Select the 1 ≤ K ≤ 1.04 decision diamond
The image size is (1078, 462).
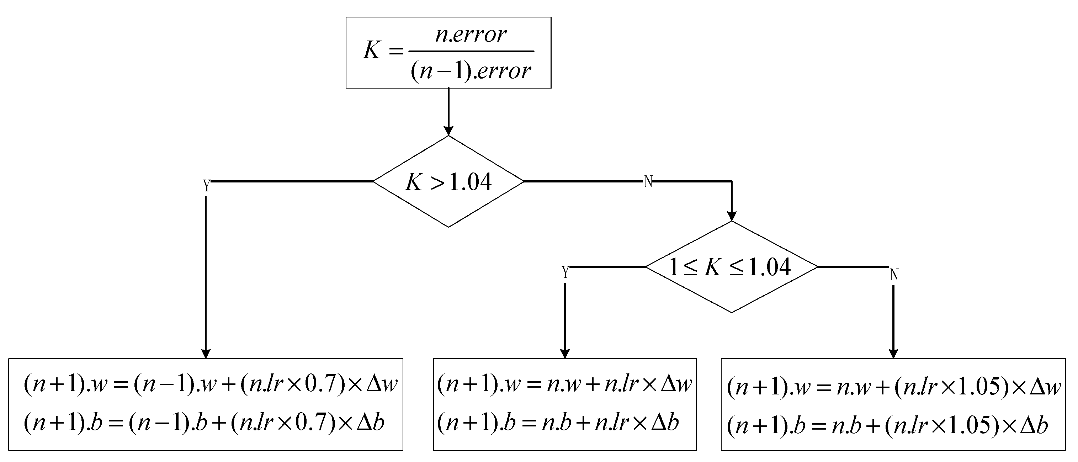click(731, 267)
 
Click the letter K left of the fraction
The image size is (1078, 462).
click(372, 51)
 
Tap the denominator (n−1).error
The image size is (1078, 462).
click(471, 70)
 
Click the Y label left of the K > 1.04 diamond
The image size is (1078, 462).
click(206, 185)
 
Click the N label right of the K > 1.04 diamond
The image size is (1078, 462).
click(648, 182)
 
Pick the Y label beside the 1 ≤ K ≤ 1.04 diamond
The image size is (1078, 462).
click(565, 272)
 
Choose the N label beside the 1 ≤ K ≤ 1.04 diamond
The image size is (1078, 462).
click(894, 275)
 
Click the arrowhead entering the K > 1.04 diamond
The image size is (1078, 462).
click(448, 131)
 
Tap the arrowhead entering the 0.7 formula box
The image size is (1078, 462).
click(206, 354)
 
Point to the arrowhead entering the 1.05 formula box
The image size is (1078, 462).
click(893, 354)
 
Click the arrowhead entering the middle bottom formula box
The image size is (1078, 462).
click(565, 354)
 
